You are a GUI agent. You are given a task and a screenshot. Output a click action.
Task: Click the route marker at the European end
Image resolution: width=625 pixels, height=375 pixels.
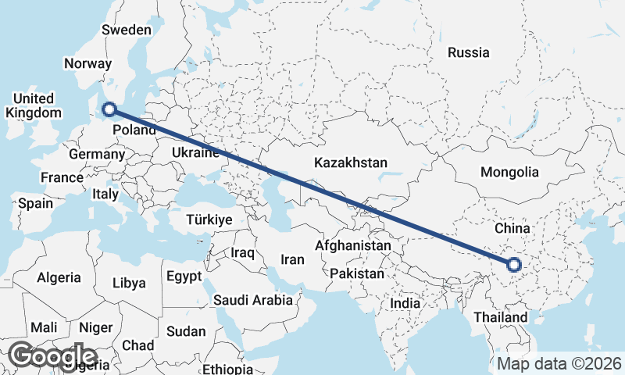pyautogui.click(x=109, y=110)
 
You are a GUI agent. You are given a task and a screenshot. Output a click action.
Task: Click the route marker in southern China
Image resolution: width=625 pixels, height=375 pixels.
pyautogui.click(x=514, y=265)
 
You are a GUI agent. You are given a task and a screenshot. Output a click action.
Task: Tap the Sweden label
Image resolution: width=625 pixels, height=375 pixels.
pyautogui.click(x=127, y=30)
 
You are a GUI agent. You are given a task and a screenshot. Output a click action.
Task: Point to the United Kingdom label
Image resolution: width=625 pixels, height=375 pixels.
pyautogui.click(x=33, y=105)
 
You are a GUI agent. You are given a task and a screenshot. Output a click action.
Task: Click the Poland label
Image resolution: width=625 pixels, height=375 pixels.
pyautogui.click(x=134, y=130)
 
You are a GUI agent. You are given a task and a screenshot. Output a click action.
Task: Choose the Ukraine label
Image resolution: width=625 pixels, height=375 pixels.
pyautogui.click(x=194, y=152)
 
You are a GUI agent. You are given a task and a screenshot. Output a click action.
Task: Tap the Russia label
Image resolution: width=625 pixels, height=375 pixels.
pyautogui.click(x=469, y=53)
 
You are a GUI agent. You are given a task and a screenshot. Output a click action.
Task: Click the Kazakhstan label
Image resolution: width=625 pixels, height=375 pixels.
pyautogui.click(x=351, y=163)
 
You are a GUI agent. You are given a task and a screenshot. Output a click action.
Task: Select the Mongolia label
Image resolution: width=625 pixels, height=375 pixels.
pyautogui.click(x=509, y=172)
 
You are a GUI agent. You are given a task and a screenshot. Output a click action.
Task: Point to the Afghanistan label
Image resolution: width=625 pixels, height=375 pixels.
pyautogui.click(x=352, y=245)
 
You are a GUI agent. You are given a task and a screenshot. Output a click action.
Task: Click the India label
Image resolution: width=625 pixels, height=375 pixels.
pyautogui.click(x=405, y=303)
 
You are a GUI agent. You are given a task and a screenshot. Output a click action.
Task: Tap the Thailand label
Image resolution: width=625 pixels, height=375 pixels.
pyautogui.click(x=501, y=318)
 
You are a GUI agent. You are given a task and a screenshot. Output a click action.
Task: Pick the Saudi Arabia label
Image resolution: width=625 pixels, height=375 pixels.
pyautogui.click(x=253, y=300)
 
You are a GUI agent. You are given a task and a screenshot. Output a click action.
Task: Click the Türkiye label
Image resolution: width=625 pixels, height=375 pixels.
pyautogui.click(x=209, y=220)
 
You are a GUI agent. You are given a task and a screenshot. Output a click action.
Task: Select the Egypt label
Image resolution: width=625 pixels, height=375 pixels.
pyautogui.click(x=184, y=276)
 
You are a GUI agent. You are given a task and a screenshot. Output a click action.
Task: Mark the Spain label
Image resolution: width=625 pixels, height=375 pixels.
pyautogui.click(x=36, y=204)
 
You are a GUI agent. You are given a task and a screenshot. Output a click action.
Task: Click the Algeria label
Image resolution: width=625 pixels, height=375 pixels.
pyautogui.click(x=59, y=277)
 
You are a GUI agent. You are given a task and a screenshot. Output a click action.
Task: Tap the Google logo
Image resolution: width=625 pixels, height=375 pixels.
pyautogui.click(x=52, y=355)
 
